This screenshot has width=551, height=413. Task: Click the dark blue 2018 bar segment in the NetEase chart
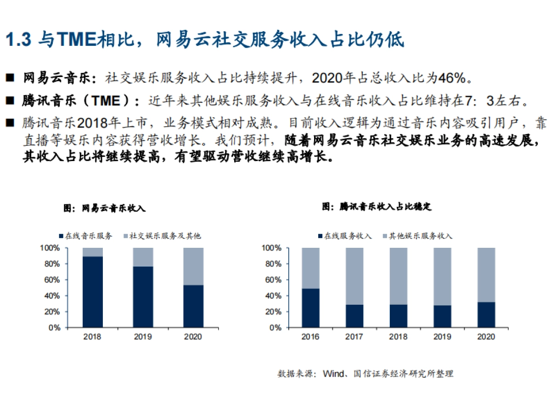click(92, 292)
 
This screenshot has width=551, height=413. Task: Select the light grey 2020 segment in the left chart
click(193, 266)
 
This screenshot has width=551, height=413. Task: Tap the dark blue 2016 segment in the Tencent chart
click(310, 308)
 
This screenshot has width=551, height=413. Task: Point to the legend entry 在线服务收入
click(344, 236)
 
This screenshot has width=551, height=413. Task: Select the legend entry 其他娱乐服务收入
click(417, 236)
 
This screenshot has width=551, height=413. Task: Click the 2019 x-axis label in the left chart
click(143, 337)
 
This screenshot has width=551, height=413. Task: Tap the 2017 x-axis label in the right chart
click(354, 337)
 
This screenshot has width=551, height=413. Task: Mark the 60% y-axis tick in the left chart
click(53, 280)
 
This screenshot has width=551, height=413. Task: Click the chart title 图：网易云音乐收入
click(104, 208)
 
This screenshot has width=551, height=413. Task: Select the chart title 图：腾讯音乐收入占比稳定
click(377, 207)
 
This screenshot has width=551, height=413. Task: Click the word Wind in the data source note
click(333, 374)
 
